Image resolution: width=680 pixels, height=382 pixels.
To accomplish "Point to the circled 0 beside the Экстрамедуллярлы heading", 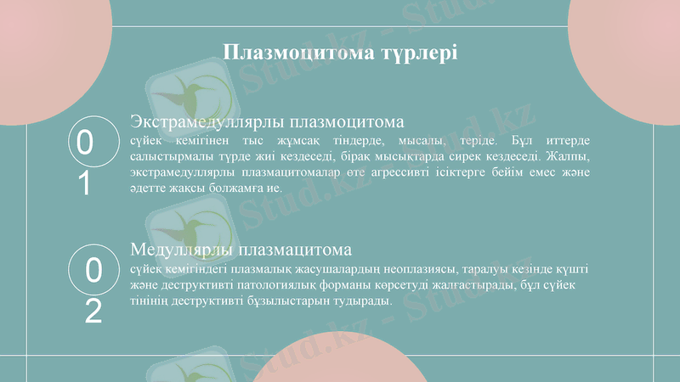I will pos(85,143).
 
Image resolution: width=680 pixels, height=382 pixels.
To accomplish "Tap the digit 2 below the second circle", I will pos(93,312).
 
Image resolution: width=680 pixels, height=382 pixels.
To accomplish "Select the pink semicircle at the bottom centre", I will pos(340,361).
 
